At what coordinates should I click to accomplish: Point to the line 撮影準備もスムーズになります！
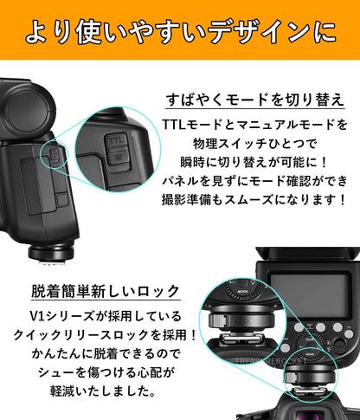pos(257,201)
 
